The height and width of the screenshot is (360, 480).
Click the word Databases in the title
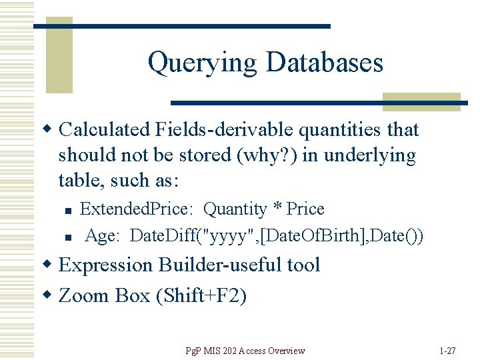(x=324, y=63)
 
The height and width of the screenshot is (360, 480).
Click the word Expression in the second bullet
(x=105, y=265)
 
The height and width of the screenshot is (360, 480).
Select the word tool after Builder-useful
(x=299, y=265)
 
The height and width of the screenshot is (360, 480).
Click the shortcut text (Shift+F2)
(x=201, y=295)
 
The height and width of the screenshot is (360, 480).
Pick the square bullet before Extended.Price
(x=68, y=211)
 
